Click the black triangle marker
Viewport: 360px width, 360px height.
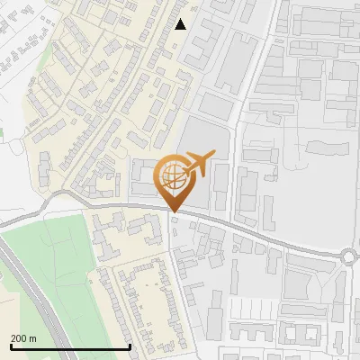(181, 24)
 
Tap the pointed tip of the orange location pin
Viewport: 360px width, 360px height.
(173, 212)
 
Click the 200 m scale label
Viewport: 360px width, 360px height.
(24, 338)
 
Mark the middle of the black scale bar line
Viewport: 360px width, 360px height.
(70, 346)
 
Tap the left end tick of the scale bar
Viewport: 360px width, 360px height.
(10, 346)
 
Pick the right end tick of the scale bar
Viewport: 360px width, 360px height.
(130, 346)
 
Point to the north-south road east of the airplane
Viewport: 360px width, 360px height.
(237, 144)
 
